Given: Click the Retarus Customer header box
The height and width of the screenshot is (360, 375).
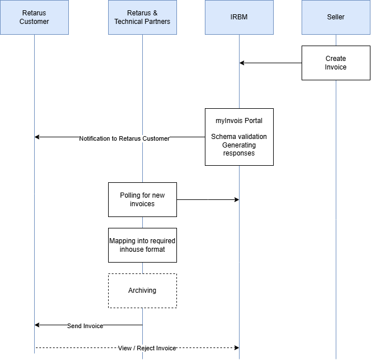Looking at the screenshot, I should [34, 17].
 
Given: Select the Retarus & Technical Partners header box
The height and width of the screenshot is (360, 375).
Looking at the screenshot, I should [142, 17].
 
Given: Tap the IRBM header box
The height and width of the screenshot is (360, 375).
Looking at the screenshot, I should [239, 17].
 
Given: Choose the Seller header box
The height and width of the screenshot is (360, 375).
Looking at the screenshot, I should [336, 17].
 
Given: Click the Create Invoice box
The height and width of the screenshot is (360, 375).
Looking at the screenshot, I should [336, 63].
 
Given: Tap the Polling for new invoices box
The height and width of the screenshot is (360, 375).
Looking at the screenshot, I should [142, 199].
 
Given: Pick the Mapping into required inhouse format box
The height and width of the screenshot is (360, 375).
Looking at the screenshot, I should [142, 245].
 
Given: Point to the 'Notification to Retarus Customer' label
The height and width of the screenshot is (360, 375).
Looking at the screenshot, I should [124, 138].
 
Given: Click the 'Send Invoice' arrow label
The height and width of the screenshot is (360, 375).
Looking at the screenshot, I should [85, 326].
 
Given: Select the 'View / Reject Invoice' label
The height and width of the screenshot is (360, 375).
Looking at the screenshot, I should [147, 348].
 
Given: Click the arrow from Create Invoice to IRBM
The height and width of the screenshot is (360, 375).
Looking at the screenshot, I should [270, 63].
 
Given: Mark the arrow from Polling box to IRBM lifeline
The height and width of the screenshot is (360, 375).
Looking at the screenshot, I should [208, 199].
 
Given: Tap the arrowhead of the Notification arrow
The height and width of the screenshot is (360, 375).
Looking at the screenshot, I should [37, 137].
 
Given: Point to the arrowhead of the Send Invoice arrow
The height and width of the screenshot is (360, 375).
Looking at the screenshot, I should [37, 325].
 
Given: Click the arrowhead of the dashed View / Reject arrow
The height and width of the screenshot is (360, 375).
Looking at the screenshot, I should [236, 347].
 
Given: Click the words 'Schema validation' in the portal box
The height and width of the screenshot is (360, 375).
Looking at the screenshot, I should [239, 137].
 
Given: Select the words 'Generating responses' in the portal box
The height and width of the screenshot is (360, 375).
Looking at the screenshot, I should [239, 149].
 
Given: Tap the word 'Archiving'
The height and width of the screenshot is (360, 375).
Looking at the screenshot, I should [142, 291].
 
